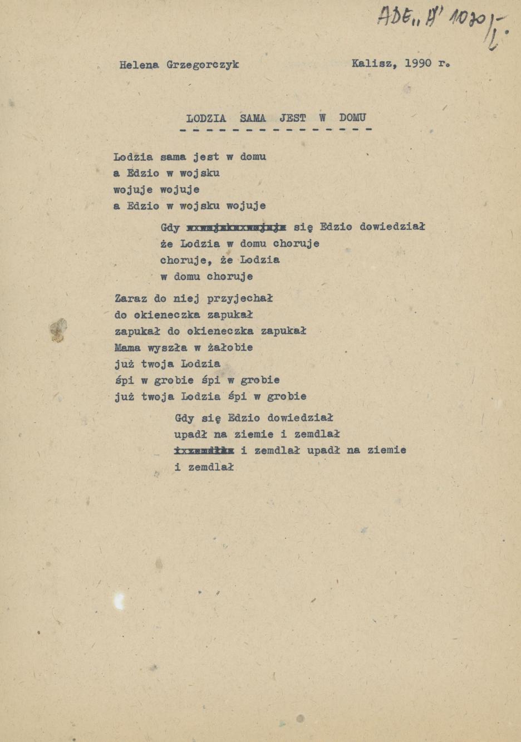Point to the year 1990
pyautogui.click(x=418, y=63)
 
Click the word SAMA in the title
pyautogui.click(x=253, y=118)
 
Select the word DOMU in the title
pyautogui.click(x=352, y=117)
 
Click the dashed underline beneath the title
pyautogui.click(x=276, y=130)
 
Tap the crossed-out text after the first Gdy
pyautogui.click(x=237, y=227)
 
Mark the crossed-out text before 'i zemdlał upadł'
pyautogui.click(x=204, y=450)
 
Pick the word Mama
pyautogui.click(x=127, y=347)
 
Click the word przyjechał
pyautogui.click(x=240, y=298)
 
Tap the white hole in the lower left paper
pyautogui.click(x=119, y=601)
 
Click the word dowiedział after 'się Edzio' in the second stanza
pyautogui.click(x=392, y=227)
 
